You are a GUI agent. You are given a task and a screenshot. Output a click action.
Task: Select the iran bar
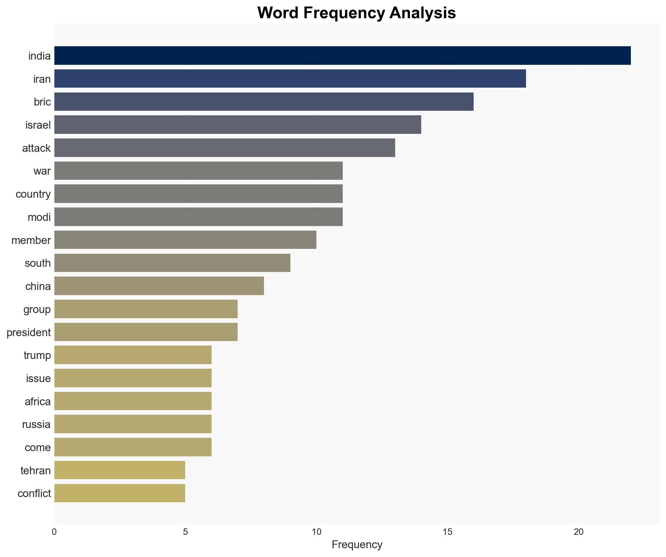pyautogui.click(x=290, y=79)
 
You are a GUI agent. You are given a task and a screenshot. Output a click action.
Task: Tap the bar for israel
pyautogui.click(x=238, y=125)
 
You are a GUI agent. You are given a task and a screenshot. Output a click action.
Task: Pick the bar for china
pyautogui.click(x=159, y=286)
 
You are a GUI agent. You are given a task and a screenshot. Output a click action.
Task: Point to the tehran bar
pyautogui.click(x=119, y=470)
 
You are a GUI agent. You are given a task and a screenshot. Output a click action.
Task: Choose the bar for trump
pyautogui.click(x=133, y=355)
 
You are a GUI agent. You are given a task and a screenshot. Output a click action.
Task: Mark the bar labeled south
pyautogui.click(x=172, y=263)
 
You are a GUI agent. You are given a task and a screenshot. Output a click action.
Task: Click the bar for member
pyautogui.click(x=185, y=240)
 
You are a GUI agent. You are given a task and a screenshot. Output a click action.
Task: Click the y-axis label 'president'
pyautogui.click(x=29, y=332)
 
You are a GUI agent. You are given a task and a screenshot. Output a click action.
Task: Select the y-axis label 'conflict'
pyautogui.click(x=34, y=493)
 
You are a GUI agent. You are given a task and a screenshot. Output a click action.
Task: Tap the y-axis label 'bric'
pyautogui.click(x=42, y=102)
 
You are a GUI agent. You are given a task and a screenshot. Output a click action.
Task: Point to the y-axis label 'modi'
pyautogui.click(x=39, y=217)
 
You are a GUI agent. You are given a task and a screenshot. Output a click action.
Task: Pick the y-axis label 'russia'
pyautogui.click(x=36, y=424)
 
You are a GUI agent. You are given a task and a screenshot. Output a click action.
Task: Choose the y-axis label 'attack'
pyautogui.click(x=36, y=148)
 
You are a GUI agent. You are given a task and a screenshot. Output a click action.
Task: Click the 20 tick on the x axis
pyautogui.click(x=578, y=532)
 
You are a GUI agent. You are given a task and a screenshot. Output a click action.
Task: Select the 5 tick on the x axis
pyautogui.click(x=185, y=532)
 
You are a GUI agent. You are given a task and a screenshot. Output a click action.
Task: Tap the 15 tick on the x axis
pyautogui.click(x=447, y=532)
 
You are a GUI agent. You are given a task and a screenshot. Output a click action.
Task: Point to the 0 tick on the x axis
pyautogui.click(x=54, y=532)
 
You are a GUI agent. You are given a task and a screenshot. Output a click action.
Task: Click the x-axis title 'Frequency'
pyautogui.click(x=357, y=545)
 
